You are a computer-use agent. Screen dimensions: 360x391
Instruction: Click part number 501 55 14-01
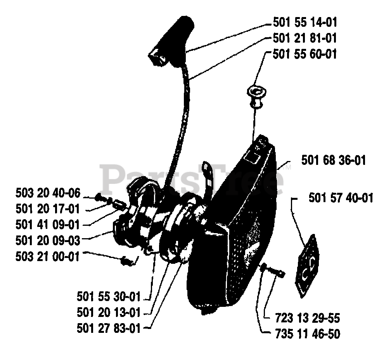coord(304,22)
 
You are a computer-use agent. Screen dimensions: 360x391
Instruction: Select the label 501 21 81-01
coord(304,38)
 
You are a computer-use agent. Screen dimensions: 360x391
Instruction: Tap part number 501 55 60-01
coord(304,54)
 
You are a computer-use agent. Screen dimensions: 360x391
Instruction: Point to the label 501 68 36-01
coord(333,160)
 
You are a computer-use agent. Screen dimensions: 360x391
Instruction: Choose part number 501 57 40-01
coord(341,198)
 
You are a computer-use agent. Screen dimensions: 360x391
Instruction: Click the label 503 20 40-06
coord(48,192)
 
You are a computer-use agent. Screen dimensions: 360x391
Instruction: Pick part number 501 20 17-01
coord(48,209)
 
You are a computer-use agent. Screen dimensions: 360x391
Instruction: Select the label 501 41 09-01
coord(48,224)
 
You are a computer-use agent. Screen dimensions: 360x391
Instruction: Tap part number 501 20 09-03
coord(48,241)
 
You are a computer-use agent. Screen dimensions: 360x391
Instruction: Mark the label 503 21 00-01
coord(48,256)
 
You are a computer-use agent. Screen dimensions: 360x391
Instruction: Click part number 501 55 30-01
coord(109,297)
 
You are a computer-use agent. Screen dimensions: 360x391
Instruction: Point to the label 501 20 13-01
coord(109,312)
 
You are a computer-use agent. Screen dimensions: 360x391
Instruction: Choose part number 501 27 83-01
coord(109,328)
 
